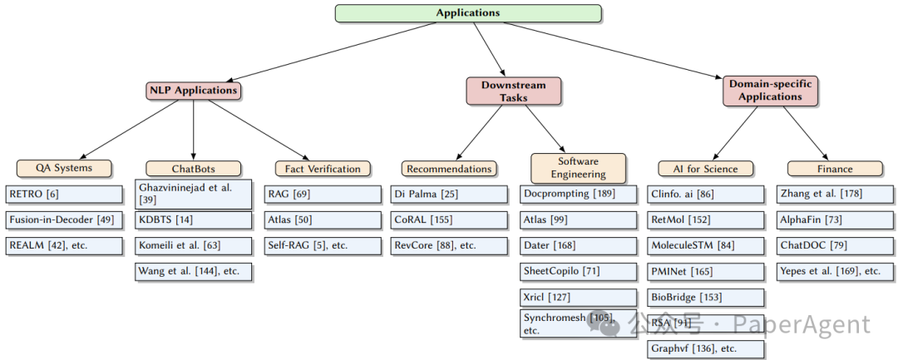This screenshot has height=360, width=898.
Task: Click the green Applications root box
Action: [x=468, y=13]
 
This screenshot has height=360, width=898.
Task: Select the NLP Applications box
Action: [x=193, y=90]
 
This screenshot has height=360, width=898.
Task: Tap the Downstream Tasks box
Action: [x=513, y=91]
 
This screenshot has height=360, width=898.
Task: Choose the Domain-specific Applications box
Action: [x=771, y=91]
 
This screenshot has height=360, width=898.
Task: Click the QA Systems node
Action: [x=63, y=168]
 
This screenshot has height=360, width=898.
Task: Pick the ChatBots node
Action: [x=193, y=168]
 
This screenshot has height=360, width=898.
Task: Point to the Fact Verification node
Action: [x=323, y=168]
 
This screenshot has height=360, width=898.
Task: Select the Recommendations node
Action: [x=449, y=168]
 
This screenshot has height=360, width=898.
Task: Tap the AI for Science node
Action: [x=705, y=168]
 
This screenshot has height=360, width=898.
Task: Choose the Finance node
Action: [x=834, y=168]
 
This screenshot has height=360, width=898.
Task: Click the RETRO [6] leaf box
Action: [x=63, y=195]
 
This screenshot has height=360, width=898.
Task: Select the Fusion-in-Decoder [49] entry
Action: [x=63, y=220]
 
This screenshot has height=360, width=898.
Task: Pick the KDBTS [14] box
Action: [x=193, y=220]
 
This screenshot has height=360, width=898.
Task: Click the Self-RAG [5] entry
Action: [x=323, y=246]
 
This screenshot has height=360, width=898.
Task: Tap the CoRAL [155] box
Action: [x=449, y=220]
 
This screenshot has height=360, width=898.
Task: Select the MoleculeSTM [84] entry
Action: [x=705, y=246]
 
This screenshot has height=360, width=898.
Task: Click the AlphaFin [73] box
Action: [x=834, y=220]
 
